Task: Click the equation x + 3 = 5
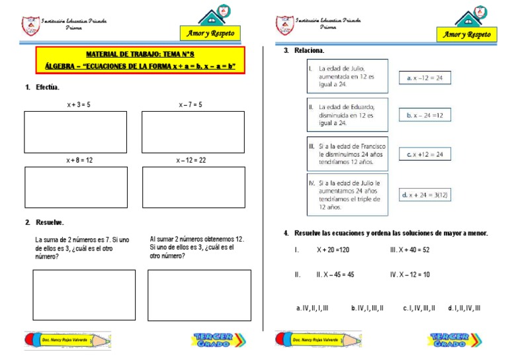78,105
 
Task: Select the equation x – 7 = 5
190,105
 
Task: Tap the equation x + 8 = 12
79,160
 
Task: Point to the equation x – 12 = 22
191,160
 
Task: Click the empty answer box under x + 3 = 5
75,132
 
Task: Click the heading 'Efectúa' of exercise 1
47,87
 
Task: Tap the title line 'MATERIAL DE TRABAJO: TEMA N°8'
139,54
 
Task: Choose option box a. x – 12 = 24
424,78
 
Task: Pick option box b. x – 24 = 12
424,115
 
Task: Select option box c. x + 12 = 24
424,154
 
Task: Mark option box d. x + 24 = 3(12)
424,195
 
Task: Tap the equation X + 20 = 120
333,250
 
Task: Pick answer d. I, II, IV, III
464,308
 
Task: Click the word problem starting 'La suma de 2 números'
82,247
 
